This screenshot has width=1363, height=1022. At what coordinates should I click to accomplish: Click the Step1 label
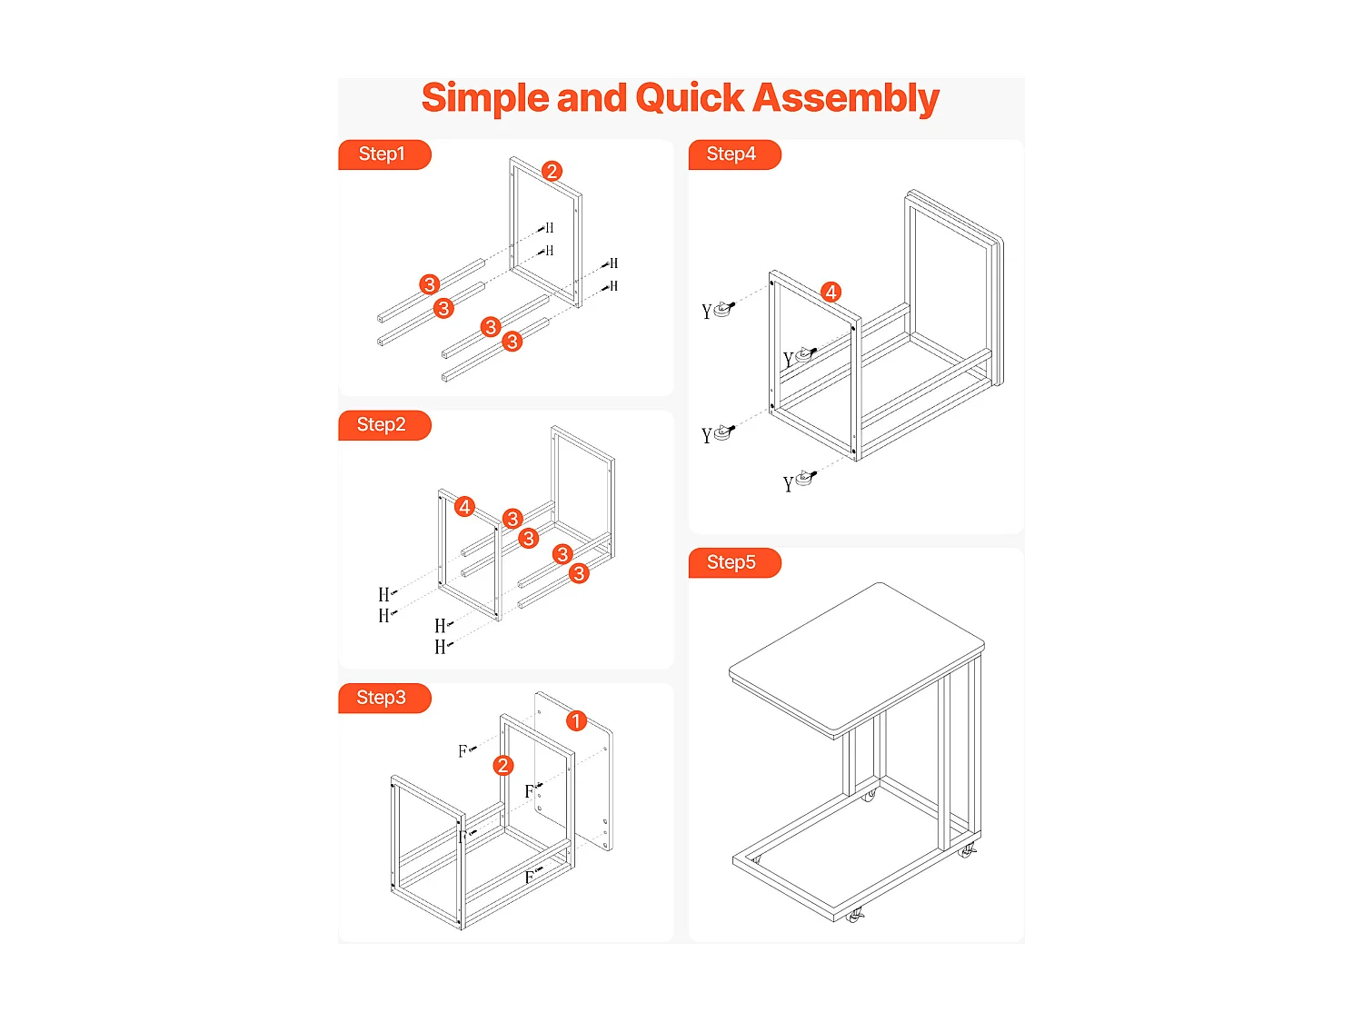[x=383, y=154]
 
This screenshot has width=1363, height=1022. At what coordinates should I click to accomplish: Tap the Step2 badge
[x=383, y=425]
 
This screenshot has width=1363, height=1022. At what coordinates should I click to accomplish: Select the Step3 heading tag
[x=383, y=698]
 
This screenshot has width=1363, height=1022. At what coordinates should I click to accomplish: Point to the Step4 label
[x=732, y=154]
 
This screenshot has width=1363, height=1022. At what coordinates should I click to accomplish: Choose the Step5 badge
[x=732, y=562]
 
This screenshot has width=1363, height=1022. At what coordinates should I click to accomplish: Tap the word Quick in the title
[x=690, y=98]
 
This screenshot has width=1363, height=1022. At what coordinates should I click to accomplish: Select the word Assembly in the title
[x=846, y=98]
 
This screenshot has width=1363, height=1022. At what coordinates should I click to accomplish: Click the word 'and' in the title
[x=592, y=98]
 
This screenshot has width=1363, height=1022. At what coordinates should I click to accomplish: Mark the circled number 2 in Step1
[x=552, y=171]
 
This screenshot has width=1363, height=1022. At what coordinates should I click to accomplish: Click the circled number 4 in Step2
[x=464, y=507]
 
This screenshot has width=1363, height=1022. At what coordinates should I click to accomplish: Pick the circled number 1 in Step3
[x=576, y=720]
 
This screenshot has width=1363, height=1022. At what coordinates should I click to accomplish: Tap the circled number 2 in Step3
[x=502, y=765]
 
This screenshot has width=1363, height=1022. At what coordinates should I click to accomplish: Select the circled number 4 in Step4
[x=831, y=292]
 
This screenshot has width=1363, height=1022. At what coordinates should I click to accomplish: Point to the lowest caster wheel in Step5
[x=854, y=917]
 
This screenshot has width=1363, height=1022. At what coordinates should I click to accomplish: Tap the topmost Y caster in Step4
[x=722, y=310]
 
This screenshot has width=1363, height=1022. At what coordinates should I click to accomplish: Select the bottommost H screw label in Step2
[x=441, y=647]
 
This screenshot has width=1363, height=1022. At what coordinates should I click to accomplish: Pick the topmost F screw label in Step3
[x=464, y=750]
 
